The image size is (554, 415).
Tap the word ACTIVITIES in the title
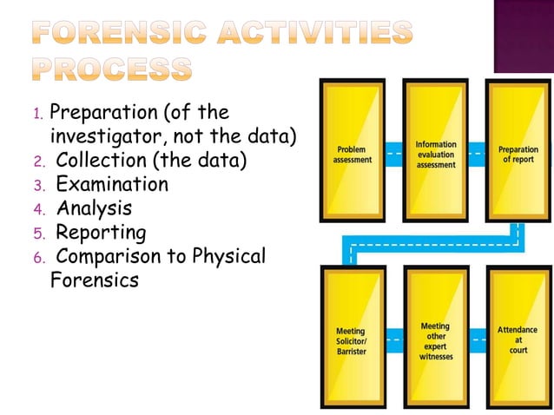click(x=312, y=33)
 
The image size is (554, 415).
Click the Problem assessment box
click(x=353, y=152)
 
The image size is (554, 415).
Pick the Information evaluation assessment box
click(x=436, y=152)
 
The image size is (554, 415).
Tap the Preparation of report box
click(x=518, y=152)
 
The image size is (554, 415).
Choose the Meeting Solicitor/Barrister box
click(x=351, y=339)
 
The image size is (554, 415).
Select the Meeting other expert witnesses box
click(x=435, y=339)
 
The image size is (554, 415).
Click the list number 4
click(x=37, y=210)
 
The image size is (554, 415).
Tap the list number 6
click(x=37, y=259)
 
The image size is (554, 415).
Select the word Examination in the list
click(x=112, y=185)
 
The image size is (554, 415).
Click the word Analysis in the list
click(x=94, y=208)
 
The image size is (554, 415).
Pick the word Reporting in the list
click(x=101, y=233)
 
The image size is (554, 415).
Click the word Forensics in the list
click(x=94, y=281)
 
